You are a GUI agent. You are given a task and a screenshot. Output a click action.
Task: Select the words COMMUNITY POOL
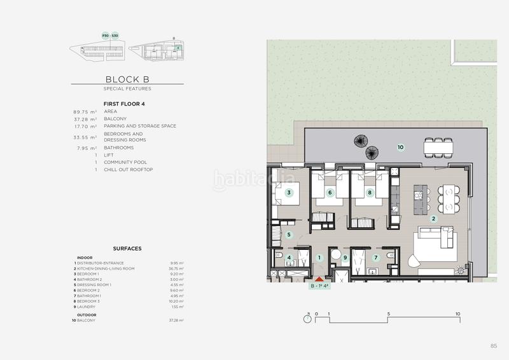point(127,162)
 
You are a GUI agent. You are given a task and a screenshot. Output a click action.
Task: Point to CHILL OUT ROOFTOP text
point(128,169)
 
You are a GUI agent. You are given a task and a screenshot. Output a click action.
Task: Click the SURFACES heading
point(127,249)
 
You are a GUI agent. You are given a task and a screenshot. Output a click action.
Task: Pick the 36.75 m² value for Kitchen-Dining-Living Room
point(176,269)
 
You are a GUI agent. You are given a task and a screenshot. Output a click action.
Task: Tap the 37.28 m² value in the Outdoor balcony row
point(176,321)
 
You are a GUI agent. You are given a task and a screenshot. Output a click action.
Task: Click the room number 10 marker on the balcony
point(400,147)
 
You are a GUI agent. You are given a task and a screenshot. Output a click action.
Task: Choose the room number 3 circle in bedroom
point(288,193)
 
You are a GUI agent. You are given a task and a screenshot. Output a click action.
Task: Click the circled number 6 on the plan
point(330,193)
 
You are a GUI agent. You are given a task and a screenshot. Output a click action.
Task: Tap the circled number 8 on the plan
point(370,193)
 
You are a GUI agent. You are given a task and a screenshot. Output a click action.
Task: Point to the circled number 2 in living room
point(433,219)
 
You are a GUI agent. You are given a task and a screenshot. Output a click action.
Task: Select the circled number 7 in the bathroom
point(376,258)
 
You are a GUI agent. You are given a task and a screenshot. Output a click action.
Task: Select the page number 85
point(493,345)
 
